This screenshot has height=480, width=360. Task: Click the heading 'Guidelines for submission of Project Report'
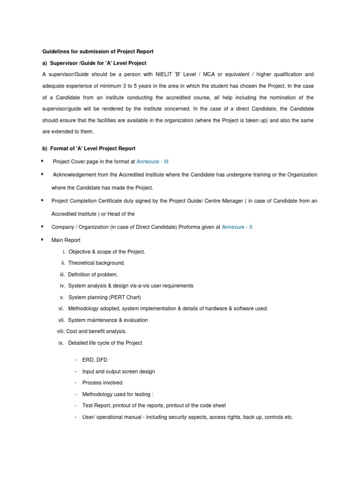(98, 51)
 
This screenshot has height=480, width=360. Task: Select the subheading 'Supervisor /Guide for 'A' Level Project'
(97, 63)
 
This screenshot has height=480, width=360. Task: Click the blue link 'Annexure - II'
(237, 227)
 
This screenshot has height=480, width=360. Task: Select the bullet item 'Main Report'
(66, 240)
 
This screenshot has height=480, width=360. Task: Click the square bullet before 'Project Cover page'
(43, 161)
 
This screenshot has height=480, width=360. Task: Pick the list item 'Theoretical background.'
(96, 263)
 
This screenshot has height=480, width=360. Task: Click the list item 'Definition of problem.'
(93, 275)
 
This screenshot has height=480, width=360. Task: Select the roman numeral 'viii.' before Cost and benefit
(60, 331)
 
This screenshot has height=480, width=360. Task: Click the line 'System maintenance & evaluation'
(108, 320)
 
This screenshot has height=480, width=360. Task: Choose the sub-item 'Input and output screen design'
(118, 371)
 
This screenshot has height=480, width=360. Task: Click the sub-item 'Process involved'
(102, 382)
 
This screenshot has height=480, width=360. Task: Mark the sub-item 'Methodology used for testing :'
(118, 394)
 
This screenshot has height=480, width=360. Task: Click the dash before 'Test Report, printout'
(75, 405)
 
